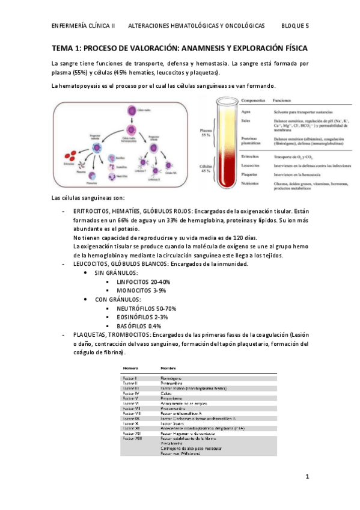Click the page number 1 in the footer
[x=307, y=478]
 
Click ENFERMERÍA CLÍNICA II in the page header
[x=84, y=26]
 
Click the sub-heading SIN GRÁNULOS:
[x=116, y=273]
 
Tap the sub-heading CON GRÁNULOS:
[x=118, y=300]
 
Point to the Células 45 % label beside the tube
[x=206, y=170]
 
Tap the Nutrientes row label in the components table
[x=252, y=182]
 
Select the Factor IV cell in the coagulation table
[x=130, y=393]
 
